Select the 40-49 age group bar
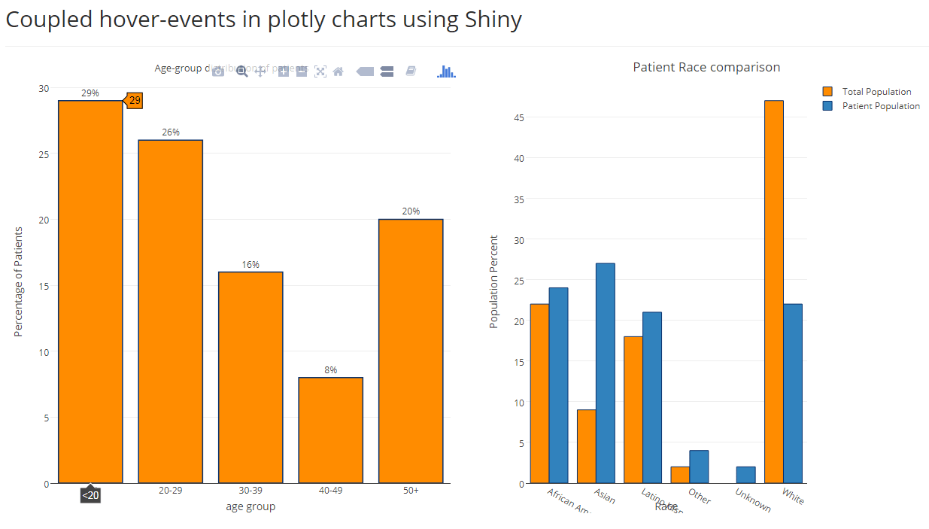(330, 430)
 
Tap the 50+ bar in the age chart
(411, 351)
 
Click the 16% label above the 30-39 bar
(250, 265)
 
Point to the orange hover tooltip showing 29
(134, 101)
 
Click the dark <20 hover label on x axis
(90, 495)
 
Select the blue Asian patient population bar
(606, 373)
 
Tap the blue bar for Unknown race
(745, 475)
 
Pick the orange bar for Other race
(680, 475)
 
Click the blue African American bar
(558, 385)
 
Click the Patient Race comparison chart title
(706, 67)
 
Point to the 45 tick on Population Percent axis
(518, 117)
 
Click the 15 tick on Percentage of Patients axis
(44, 286)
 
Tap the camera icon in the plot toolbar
(218, 71)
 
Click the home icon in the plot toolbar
(339, 71)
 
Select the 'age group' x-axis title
(250, 506)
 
